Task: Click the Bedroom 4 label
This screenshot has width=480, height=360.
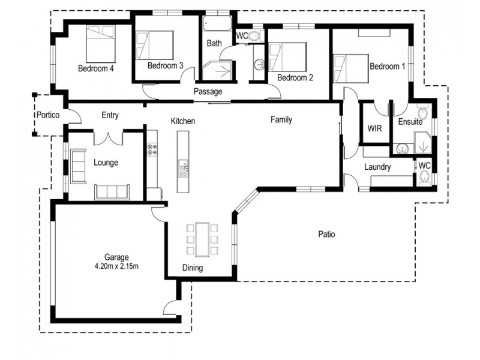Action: click(96, 68)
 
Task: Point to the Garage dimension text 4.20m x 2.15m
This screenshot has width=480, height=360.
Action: click(117, 265)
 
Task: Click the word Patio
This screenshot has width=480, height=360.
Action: click(326, 234)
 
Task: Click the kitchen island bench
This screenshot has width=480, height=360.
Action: click(182, 162)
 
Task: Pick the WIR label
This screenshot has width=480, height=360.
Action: click(375, 128)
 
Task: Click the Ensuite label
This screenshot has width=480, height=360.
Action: click(410, 122)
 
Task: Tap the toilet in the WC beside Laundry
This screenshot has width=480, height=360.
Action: click(424, 176)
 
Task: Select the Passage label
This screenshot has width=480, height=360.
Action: click(208, 92)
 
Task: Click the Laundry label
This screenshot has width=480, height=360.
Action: click(378, 167)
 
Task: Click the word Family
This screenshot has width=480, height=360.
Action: click(281, 120)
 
